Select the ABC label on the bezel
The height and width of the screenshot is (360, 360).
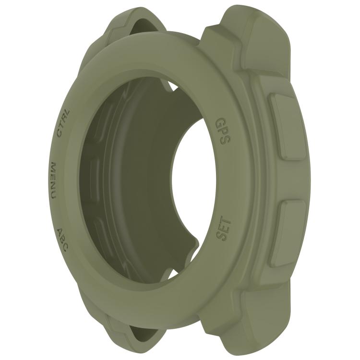pos(62,240)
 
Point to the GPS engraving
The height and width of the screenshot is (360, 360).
pos(222,131)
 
